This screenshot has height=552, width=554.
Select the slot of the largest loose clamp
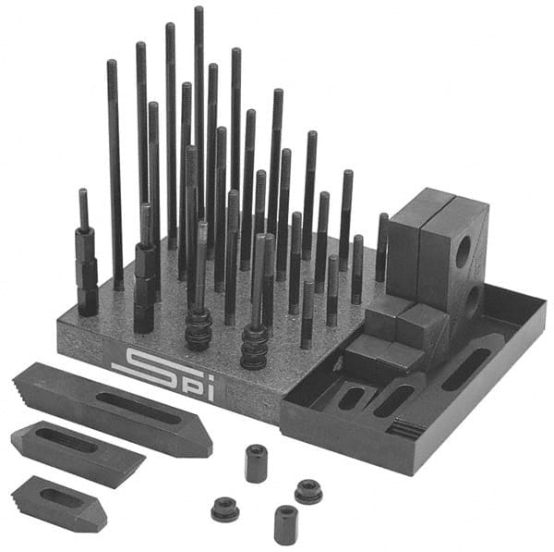coord(138,407)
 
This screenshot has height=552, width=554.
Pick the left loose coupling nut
coord(256,462)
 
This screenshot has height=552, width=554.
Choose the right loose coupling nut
coord(285,523)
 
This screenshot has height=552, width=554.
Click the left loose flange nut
coord(224,509)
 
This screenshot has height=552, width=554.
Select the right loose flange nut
coord(307,491)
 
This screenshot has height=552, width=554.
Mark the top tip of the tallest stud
coord(199,9)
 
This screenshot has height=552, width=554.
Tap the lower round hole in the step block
coord(472,299)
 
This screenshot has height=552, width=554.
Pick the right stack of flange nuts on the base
coord(254,347)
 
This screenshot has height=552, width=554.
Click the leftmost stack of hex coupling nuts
coord(87,273)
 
